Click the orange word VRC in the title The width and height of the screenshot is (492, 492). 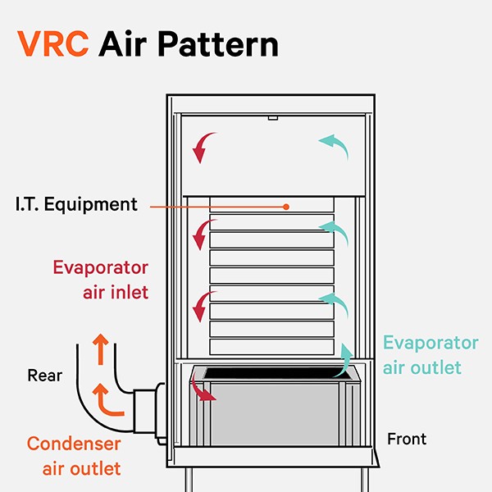[52, 43]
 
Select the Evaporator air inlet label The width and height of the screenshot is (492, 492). [100, 279]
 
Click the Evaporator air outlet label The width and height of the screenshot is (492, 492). [430, 355]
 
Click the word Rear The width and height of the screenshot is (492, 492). [45, 376]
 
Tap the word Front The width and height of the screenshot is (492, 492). [407, 440]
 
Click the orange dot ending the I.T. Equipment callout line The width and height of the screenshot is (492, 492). [286, 207]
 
